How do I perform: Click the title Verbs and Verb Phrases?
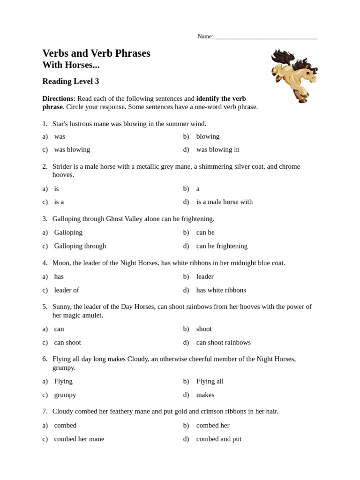click(x=96, y=53)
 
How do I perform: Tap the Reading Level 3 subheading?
click(x=70, y=81)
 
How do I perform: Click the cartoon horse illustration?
click(x=294, y=75)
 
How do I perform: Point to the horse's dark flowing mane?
click(x=284, y=59)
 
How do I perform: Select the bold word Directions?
click(x=59, y=98)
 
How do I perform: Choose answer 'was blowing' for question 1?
click(x=72, y=150)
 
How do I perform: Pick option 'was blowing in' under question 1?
click(x=217, y=150)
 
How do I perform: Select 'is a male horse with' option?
click(x=224, y=202)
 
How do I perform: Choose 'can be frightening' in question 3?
click(x=222, y=246)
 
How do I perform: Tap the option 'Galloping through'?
click(x=80, y=246)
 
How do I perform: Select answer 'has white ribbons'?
click(x=221, y=290)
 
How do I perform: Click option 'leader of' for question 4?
click(x=67, y=290)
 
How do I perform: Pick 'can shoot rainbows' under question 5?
click(x=223, y=343)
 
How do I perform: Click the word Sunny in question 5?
click(x=62, y=307)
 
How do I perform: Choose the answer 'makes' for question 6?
click(x=205, y=395)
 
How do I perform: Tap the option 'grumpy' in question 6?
click(x=65, y=395)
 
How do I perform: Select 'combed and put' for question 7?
click(x=218, y=439)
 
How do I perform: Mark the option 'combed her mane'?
click(x=79, y=439)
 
